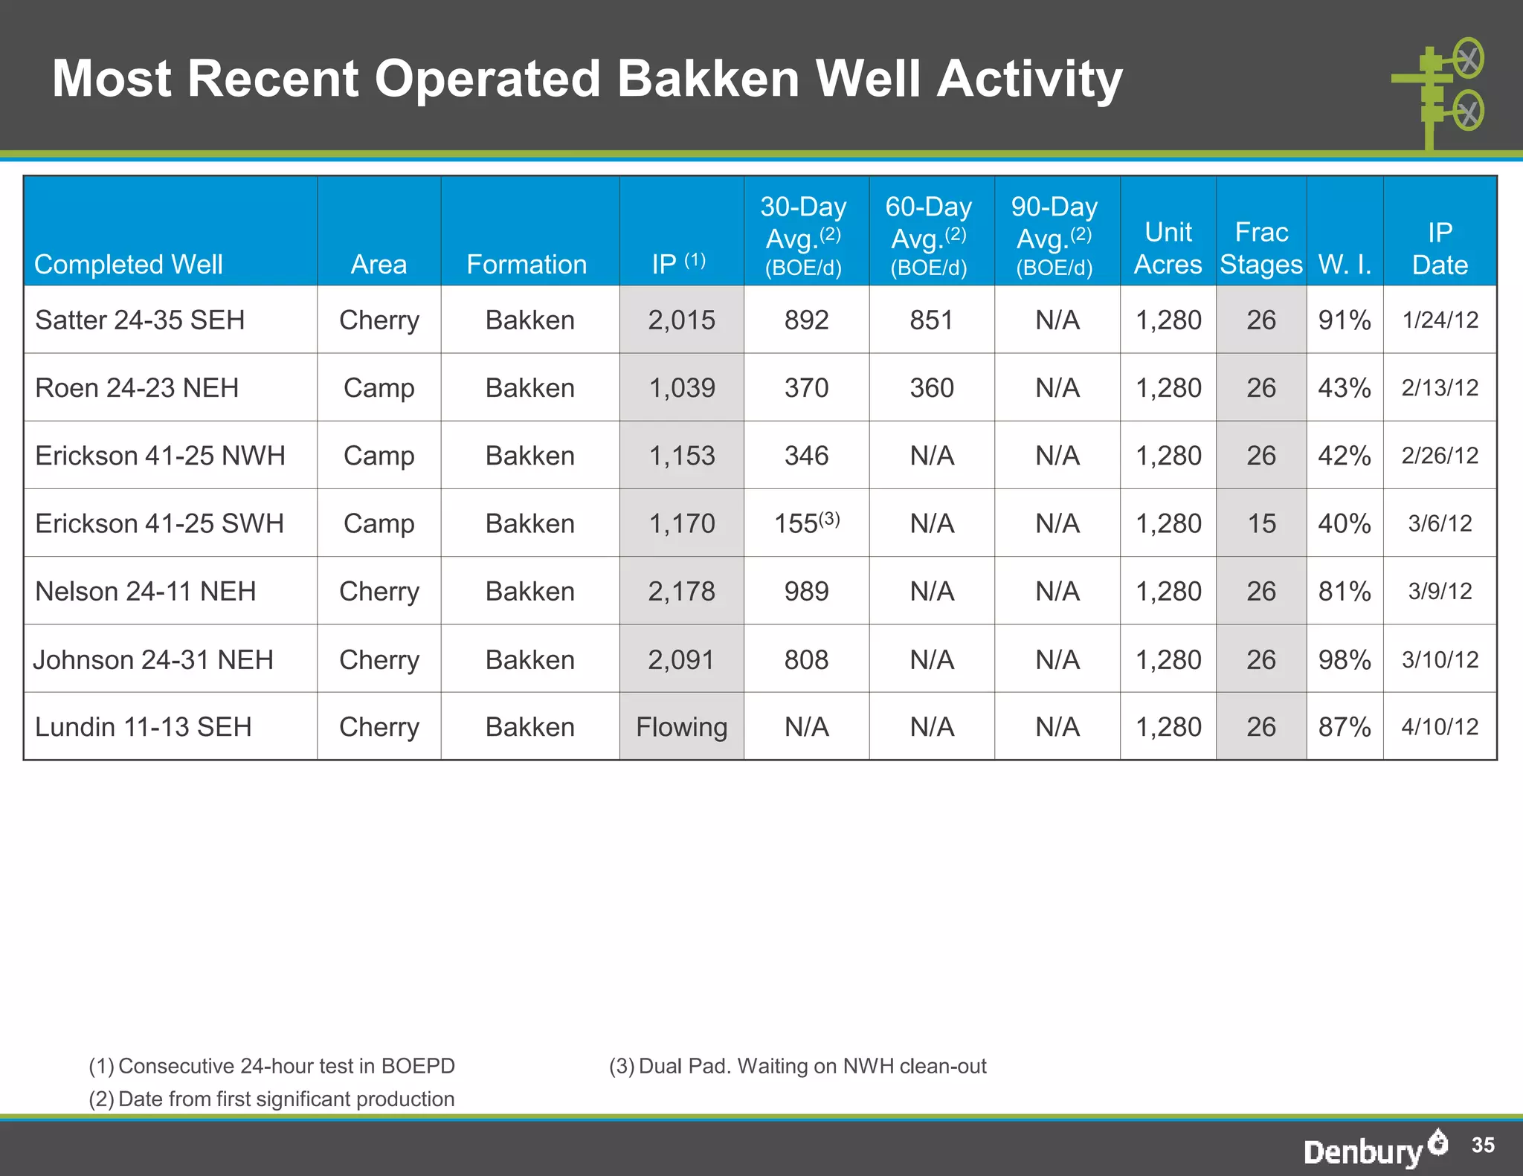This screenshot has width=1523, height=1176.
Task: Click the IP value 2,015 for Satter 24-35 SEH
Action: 681,320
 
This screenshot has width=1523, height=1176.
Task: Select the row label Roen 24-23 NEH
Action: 137,387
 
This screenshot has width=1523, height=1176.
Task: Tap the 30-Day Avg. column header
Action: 804,236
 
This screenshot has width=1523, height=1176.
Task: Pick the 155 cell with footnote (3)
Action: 806,523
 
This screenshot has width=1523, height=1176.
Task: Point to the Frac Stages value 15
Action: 1261,523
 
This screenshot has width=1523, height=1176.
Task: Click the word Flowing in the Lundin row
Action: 681,726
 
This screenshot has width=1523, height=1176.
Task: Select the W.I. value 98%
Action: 1345,659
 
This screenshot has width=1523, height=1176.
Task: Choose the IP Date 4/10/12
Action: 1440,726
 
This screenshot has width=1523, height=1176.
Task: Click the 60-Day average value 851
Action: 931,320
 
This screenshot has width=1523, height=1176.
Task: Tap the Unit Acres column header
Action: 1168,248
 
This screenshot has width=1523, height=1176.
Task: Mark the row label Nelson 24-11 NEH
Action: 146,591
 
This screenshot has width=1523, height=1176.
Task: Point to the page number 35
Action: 1483,1145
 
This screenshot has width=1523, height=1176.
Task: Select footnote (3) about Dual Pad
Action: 797,1066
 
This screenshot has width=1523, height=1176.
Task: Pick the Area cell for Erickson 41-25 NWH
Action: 379,455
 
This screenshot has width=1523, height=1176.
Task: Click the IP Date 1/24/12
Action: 1440,320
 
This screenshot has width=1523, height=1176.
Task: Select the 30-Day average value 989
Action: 806,591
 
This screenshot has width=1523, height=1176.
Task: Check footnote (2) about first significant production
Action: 271,1099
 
